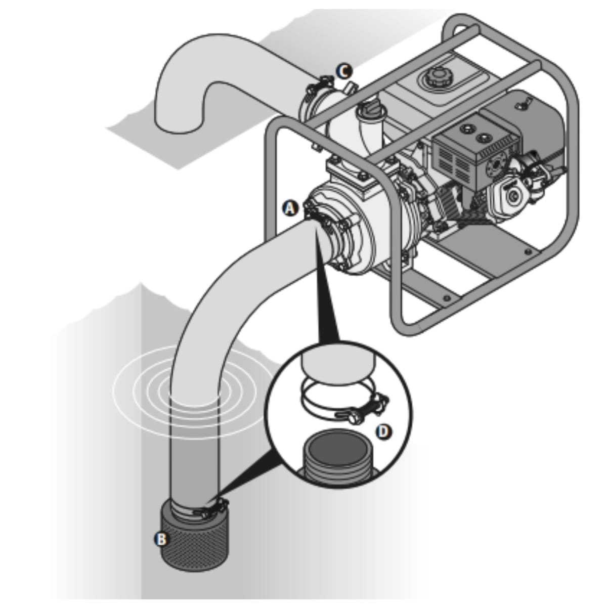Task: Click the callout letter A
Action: point(290,208)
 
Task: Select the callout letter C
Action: point(344,71)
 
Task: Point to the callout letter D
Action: point(384,431)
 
